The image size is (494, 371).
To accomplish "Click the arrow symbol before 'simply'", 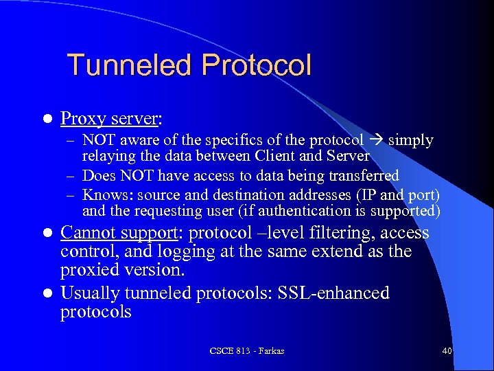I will [376, 140].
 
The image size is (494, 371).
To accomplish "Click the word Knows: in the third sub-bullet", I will [104, 194].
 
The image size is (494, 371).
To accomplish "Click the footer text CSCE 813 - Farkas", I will [247, 351].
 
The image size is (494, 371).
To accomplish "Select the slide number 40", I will [447, 351].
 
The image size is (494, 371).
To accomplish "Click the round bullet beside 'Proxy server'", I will [47, 120].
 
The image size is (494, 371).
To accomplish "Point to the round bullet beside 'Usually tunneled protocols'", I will [47, 294].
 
